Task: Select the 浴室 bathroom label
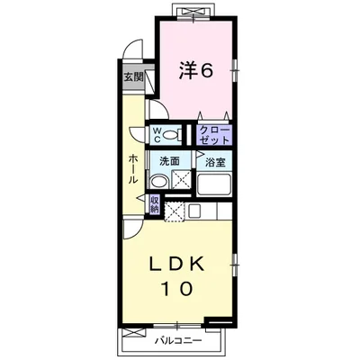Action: click(x=214, y=163)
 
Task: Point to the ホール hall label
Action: click(x=133, y=166)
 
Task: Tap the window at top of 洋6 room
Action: click(x=196, y=12)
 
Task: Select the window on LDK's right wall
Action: click(x=235, y=264)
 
